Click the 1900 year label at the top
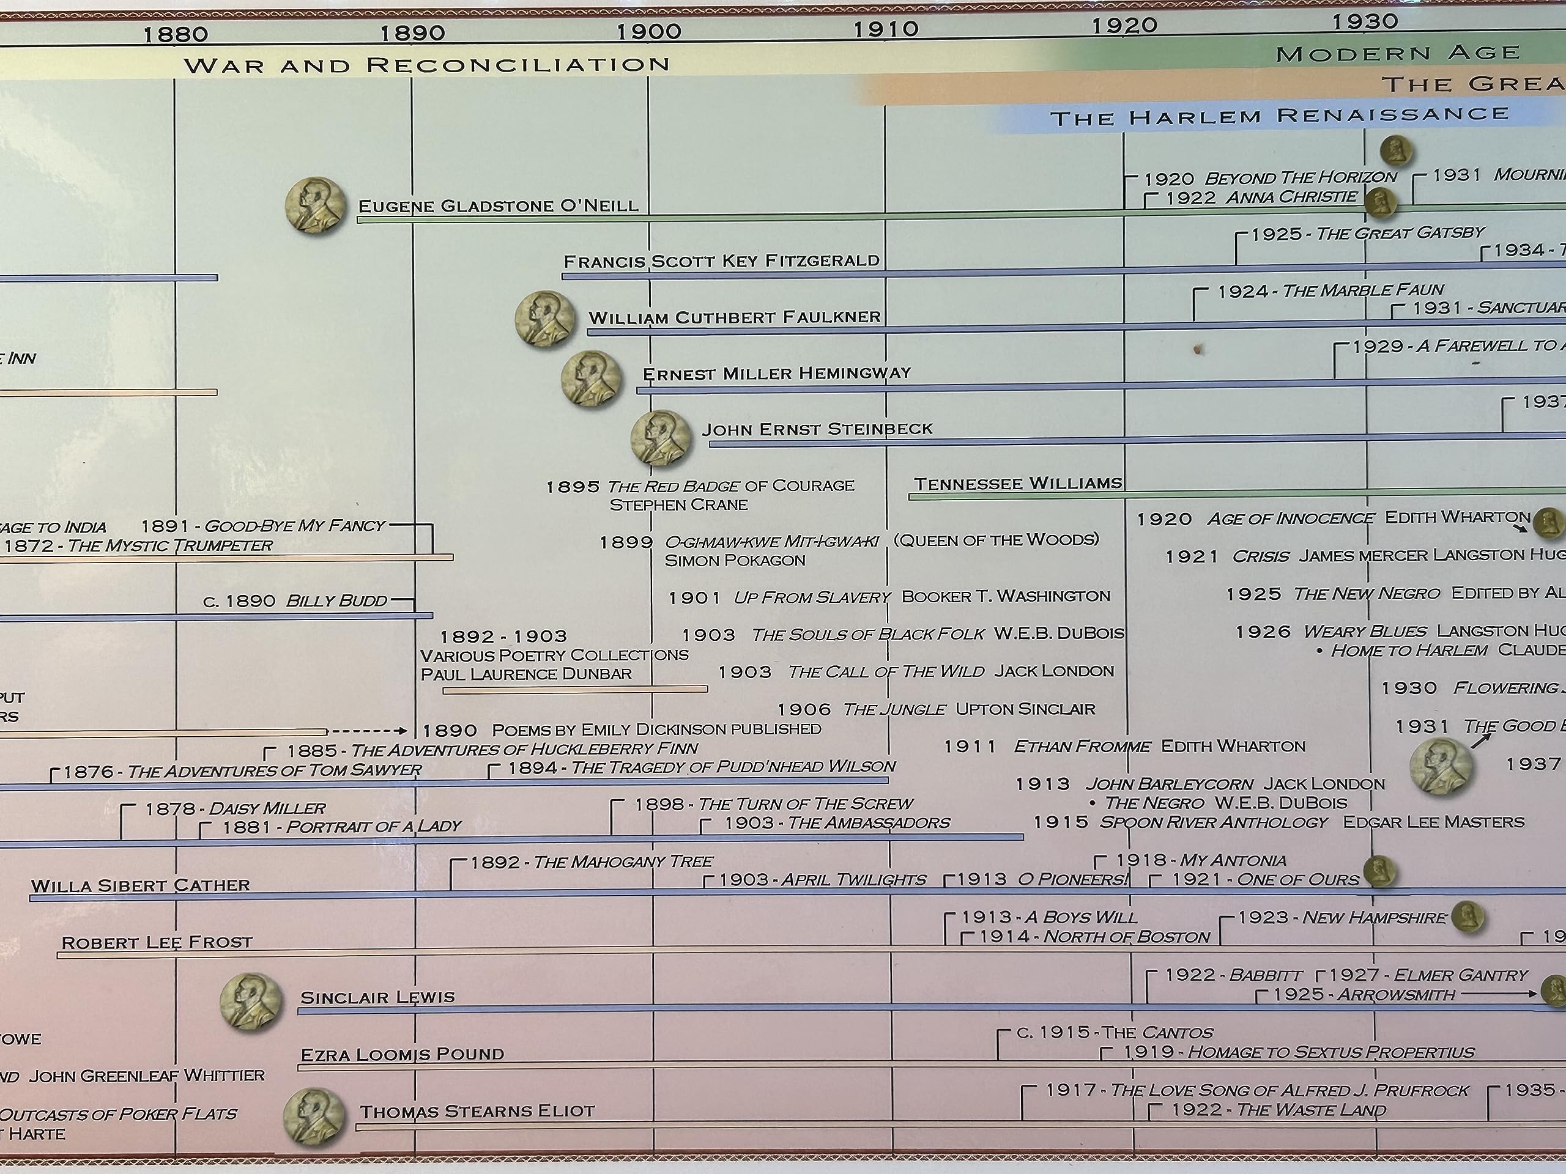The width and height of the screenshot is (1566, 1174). (x=648, y=31)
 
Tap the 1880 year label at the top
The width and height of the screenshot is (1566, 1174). (x=176, y=34)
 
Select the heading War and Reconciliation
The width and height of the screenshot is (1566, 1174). (x=427, y=65)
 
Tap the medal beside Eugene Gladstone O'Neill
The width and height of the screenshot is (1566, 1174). (x=316, y=206)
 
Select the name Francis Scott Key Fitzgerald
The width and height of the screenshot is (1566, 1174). (x=721, y=260)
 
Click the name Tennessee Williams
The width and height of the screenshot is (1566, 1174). (x=1017, y=483)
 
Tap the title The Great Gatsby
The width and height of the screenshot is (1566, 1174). (x=1399, y=233)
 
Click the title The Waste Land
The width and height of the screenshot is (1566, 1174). (x=1310, y=1110)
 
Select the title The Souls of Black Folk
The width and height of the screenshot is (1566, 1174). (x=867, y=634)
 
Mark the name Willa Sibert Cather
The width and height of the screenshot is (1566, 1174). (x=140, y=885)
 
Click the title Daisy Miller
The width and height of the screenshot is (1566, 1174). (x=267, y=808)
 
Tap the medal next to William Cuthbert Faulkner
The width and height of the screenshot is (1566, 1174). (x=544, y=319)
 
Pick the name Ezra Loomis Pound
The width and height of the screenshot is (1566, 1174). (x=402, y=1054)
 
